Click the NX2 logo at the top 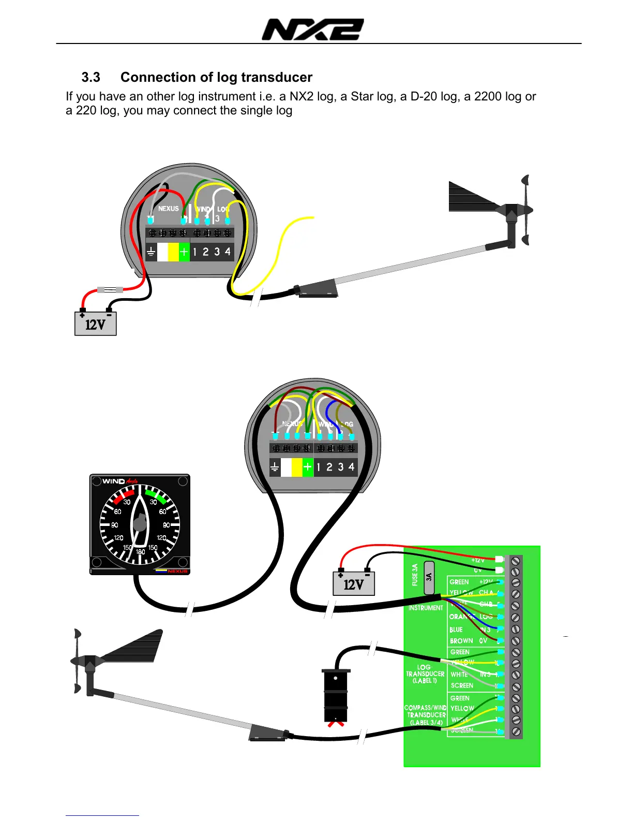(x=313, y=30)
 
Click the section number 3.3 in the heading (x=91, y=78)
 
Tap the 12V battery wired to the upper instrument (x=96, y=324)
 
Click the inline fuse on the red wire (x=110, y=290)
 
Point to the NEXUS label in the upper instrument (x=168, y=209)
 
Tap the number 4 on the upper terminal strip (x=228, y=252)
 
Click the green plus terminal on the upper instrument (x=184, y=252)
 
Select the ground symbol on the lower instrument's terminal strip (x=275, y=467)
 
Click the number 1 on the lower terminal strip (x=318, y=467)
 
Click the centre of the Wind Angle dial (x=140, y=524)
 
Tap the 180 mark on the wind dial (x=140, y=552)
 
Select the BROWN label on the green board (x=461, y=641)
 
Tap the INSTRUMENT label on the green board (x=426, y=608)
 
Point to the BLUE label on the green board (x=456, y=629)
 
